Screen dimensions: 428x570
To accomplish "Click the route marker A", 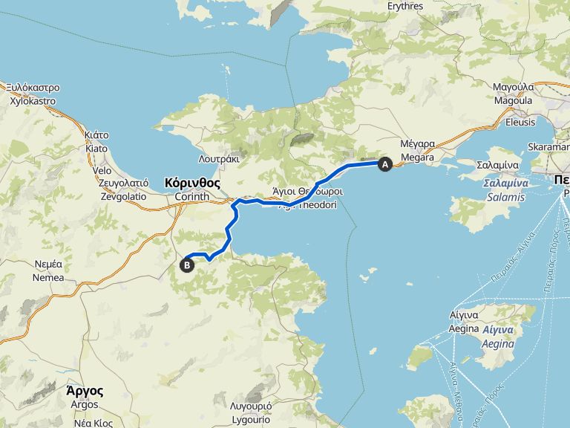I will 384,164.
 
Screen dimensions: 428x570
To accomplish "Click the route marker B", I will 187,264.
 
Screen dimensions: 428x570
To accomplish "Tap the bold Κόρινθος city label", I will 193,182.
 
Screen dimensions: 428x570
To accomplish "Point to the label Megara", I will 417,158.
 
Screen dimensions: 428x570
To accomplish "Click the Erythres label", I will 405,6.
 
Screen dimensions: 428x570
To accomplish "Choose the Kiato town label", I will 96,148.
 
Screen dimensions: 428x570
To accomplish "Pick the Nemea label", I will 48,277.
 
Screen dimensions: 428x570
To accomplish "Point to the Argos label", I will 85,404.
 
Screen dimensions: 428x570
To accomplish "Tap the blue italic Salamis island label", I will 506,197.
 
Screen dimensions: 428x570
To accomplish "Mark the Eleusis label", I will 520,122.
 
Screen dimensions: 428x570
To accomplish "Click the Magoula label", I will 513,100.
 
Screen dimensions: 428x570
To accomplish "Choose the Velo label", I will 102,170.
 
